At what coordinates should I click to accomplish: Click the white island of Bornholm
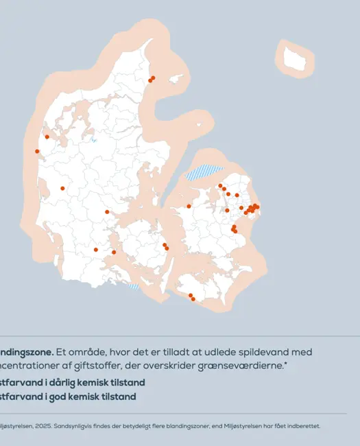tap(295, 58)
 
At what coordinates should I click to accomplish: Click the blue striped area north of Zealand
tap(205, 172)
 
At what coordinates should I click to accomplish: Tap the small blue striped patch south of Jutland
tap(134, 286)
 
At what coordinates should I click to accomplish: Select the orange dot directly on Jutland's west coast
tap(37, 152)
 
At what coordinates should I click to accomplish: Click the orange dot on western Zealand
tap(189, 206)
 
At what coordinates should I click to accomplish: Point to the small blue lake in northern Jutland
tap(94, 140)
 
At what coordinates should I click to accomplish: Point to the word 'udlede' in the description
tap(213, 352)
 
